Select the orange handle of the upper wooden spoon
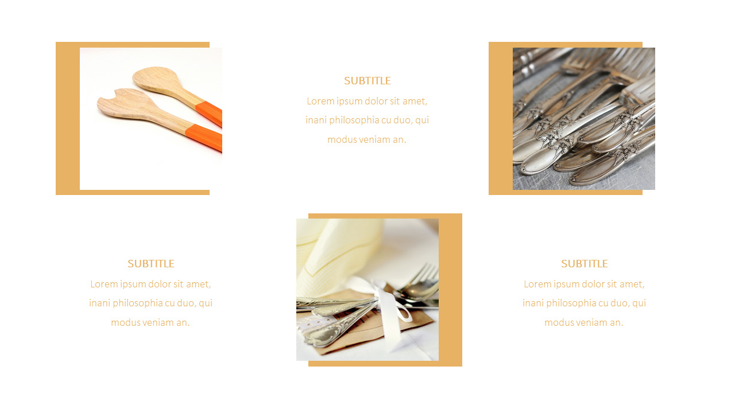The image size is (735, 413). (209, 113)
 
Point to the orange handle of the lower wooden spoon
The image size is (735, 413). (204, 138)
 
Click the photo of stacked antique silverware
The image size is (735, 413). (583, 119)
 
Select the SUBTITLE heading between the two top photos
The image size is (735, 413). (367, 81)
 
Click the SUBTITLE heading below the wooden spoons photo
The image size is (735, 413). (151, 264)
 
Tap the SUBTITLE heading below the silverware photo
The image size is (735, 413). (584, 264)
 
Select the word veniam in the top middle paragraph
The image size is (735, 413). (375, 139)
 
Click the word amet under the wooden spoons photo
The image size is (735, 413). (199, 284)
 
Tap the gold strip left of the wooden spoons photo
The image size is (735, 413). (67, 119)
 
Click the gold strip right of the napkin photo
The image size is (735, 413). (451, 290)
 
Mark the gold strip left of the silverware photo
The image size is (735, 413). (500, 119)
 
